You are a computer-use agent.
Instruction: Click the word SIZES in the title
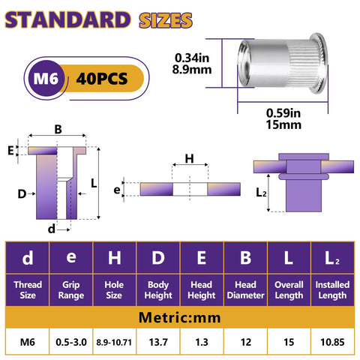click(161, 19)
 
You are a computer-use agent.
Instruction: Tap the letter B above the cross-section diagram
click(58, 129)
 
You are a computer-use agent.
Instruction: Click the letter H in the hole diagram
click(190, 159)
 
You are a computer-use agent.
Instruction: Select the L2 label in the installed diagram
click(260, 193)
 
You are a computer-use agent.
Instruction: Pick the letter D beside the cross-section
click(22, 194)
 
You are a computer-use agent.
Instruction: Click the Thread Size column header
click(28, 289)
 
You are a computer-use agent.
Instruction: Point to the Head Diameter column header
click(244, 289)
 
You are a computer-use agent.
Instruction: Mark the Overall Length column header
click(287, 289)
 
